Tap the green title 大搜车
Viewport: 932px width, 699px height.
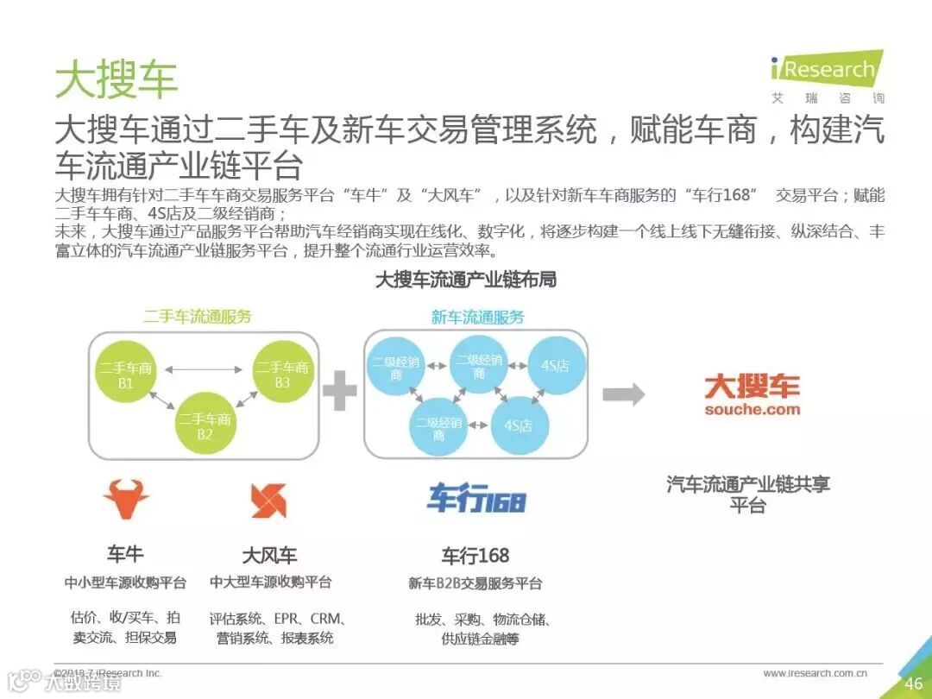tap(116, 79)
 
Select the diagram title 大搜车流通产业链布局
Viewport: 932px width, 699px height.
tap(466, 280)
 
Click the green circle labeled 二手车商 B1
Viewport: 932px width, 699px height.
tap(126, 375)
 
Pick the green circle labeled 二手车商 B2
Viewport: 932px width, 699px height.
tap(205, 426)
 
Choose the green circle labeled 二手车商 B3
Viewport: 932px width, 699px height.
tap(282, 375)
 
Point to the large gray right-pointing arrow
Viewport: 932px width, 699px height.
tap(623, 394)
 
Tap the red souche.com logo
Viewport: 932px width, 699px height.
tap(752, 395)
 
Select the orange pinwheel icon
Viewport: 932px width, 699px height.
tap(268, 501)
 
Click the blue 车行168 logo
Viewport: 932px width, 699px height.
tap(476, 499)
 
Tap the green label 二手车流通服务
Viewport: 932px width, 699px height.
tap(198, 317)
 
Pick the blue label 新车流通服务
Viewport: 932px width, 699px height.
tap(477, 317)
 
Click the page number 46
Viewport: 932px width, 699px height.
tap(913, 683)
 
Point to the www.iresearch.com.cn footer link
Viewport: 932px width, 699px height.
tap(815, 673)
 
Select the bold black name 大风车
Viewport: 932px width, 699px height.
tap(269, 554)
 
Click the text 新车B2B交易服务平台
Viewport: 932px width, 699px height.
tap(475, 584)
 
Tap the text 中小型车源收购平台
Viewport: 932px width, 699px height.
tap(126, 582)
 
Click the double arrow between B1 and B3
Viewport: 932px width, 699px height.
tap(205, 370)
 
